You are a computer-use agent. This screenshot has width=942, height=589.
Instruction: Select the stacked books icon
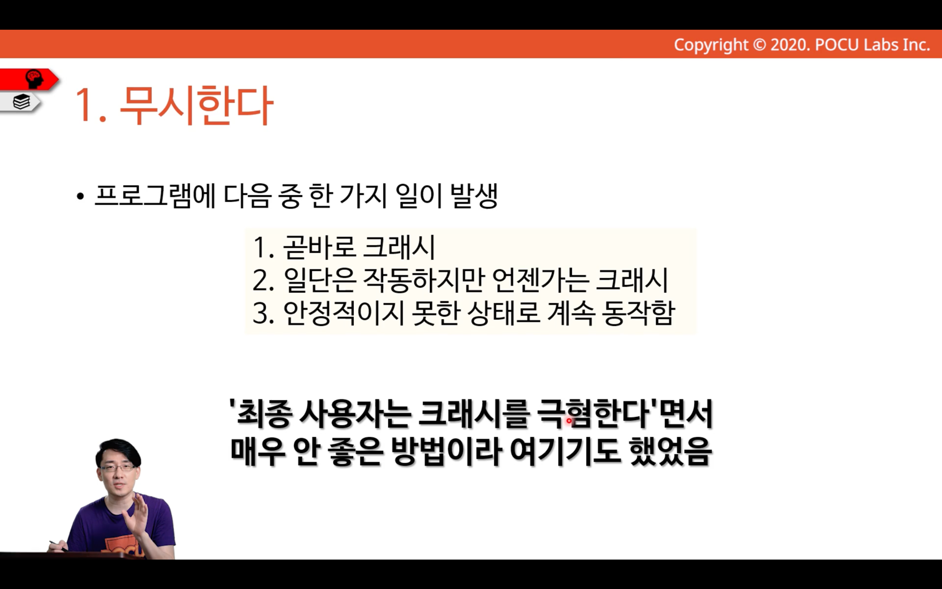point(22,102)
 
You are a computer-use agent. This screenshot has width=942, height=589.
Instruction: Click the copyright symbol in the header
point(759,45)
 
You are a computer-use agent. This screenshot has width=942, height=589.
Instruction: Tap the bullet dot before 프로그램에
point(80,196)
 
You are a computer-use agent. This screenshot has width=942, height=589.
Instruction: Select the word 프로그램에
point(155,196)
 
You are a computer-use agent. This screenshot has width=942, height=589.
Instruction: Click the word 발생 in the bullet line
point(474,196)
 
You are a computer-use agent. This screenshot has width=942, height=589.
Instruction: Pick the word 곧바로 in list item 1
point(319,247)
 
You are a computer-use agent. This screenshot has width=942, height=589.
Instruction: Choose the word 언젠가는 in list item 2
point(540,280)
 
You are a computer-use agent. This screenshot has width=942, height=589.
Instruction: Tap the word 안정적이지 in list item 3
point(343,313)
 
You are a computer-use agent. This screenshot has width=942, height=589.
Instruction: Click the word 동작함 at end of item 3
point(639,313)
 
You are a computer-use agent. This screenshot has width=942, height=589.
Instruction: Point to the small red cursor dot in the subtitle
point(569,420)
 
